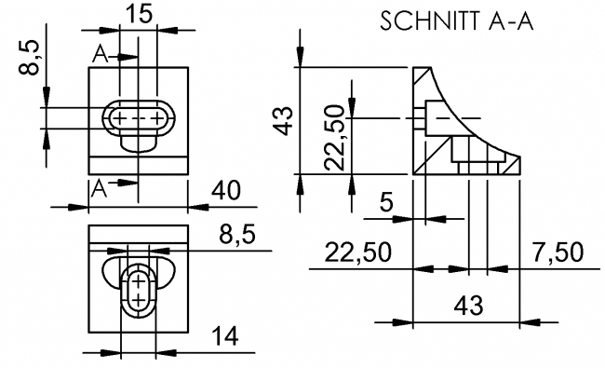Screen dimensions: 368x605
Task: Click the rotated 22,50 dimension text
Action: click(335, 138)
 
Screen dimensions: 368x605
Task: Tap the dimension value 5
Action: click(385, 203)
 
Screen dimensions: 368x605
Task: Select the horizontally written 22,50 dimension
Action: click(355, 253)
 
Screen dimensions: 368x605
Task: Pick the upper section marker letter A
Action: click(101, 56)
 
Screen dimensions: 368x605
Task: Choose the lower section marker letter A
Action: click(101, 186)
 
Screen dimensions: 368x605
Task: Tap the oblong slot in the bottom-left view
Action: click(138, 289)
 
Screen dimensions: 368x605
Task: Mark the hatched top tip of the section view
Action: click(423, 80)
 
